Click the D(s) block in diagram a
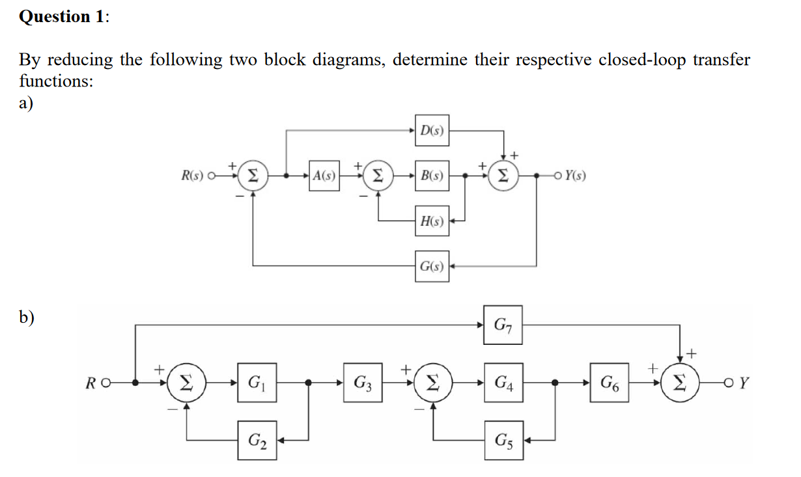click(432, 130)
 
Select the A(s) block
click(324, 175)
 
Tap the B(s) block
click(432, 175)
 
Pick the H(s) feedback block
click(432, 221)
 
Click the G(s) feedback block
click(432, 266)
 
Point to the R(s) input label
click(193, 175)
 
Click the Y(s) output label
click(575, 175)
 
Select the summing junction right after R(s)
click(253, 175)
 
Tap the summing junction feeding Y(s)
click(503, 175)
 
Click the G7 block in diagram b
click(503, 323)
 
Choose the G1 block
click(256, 381)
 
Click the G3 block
click(363, 381)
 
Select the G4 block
click(503, 381)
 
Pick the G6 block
click(611, 381)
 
